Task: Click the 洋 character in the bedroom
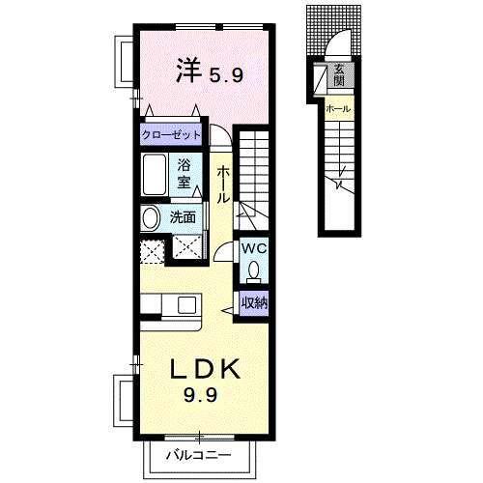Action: tap(187, 70)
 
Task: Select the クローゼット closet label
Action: tap(172, 135)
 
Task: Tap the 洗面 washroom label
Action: tap(184, 217)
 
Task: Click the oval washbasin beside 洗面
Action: tap(151, 217)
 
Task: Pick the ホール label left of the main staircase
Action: tap(222, 183)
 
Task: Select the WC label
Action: tap(253, 248)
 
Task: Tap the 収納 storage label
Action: tap(254, 301)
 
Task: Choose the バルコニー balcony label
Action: tap(203, 453)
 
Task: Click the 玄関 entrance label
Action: tap(339, 75)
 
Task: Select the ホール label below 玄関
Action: tap(338, 108)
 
